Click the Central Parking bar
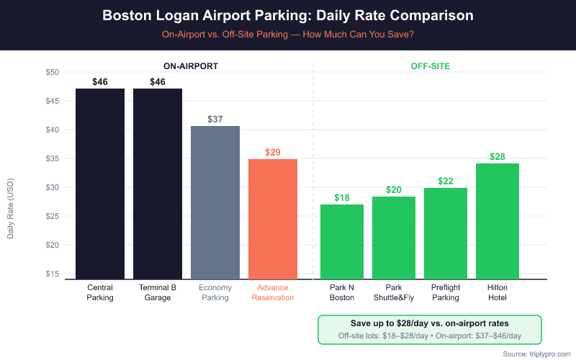(100, 184)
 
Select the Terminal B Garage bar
(158, 184)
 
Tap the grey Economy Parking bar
(215, 202)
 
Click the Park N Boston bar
(342, 241)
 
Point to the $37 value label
(215, 119)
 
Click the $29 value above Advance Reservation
(273, 152)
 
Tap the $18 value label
(342, 197)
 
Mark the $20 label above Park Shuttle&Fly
(394, 189)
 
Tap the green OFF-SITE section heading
(431, 66)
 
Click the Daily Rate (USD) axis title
(11, 209)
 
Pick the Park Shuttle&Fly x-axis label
(394, 292)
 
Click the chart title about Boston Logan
(288, 15)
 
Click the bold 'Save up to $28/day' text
(430, 323)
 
